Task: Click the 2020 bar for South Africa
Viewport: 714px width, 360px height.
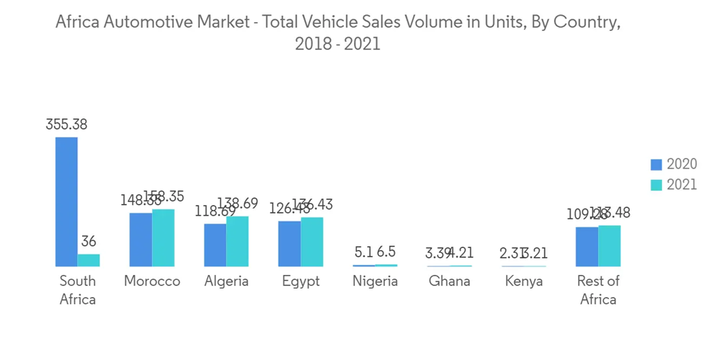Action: tap(66, 201)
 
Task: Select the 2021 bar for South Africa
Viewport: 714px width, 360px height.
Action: tap(89, 260)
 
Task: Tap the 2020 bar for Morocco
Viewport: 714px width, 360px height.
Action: tap(141, 239)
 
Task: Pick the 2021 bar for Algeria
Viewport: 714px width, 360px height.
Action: tap(237, 241)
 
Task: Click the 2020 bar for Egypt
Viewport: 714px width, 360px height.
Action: tap(289, 244)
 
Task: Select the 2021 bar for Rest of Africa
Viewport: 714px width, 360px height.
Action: tap(609, 246)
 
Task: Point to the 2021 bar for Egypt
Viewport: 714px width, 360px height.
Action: tap(311, 241)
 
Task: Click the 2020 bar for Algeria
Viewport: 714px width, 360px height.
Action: tap(215, 245)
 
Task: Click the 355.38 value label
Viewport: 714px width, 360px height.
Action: tap(66, 124)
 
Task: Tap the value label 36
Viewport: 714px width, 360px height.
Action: tap(89, 241)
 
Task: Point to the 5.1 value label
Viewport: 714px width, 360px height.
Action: tap(363, 252)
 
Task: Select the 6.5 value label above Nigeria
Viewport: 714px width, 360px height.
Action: tap(386, 252)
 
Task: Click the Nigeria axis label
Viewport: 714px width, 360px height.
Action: tap(375, 281)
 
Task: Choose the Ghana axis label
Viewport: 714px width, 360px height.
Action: tap(449, 281)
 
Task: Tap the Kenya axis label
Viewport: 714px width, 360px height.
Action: tap(523, 281)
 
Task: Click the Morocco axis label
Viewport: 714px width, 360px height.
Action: tap(152, 281)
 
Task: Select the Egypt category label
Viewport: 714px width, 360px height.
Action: tap(301, 281)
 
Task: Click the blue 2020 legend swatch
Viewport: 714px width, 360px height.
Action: tap(656, 165)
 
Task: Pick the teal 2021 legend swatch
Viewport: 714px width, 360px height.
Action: tap(656, 185)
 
